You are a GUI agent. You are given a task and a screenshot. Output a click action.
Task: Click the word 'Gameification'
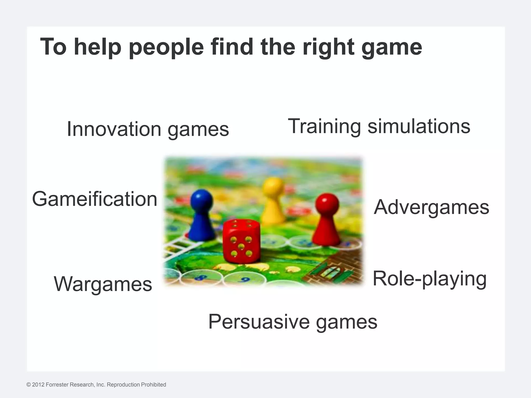[95, 199]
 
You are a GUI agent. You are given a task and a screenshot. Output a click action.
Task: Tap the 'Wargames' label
[103, 284]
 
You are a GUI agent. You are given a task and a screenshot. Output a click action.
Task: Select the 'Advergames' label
[431, 207]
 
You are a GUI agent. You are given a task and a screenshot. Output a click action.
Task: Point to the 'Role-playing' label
[430, 279]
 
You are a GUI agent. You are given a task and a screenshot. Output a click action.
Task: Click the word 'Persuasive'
[259, 322]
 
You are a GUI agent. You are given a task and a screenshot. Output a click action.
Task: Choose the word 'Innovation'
[114, 129]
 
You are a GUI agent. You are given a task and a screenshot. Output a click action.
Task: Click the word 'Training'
[324, 126]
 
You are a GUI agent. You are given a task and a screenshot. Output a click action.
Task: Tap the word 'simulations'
[419, 126]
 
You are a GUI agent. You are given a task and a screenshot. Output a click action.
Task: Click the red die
[241, 241]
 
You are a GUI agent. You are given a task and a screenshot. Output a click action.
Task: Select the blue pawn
[201, 216]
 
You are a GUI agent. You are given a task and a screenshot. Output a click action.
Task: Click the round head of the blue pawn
[201, 200]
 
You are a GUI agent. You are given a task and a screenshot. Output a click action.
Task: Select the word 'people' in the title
[166, 47]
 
